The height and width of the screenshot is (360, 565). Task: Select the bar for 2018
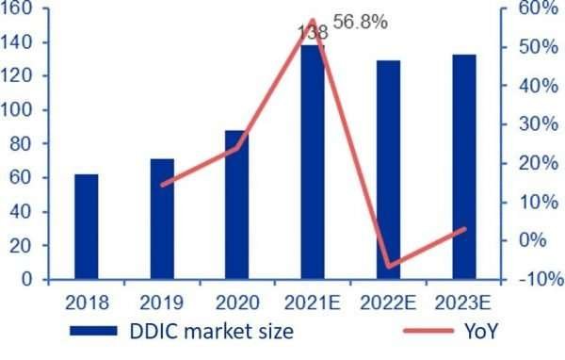point(87,227)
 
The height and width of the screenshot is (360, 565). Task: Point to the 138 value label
point(313,32)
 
